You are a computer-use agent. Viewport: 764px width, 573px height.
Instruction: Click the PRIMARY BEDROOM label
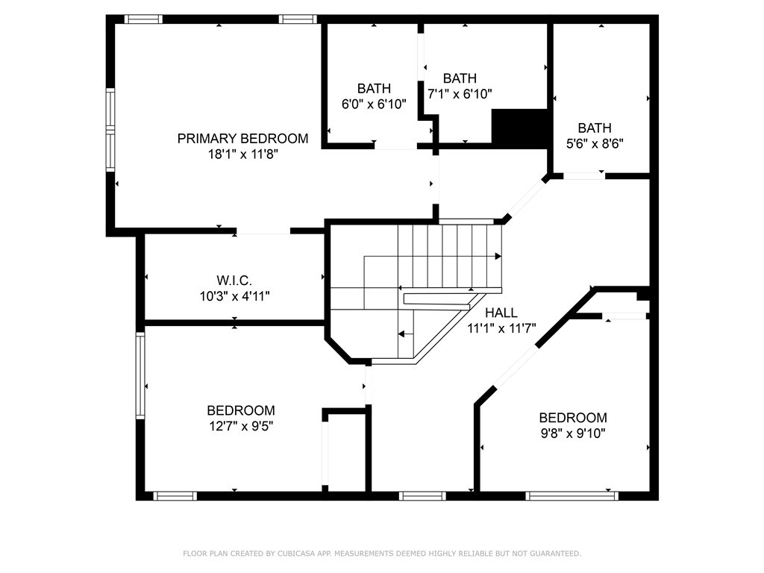[242, 139]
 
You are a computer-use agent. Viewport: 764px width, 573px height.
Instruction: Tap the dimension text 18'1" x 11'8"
[243, 154]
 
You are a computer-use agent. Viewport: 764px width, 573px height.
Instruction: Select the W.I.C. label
[234, 281]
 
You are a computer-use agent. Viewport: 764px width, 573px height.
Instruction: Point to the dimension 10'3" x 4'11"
[234, 295]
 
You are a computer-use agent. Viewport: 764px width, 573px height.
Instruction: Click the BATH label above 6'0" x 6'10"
[374, 89]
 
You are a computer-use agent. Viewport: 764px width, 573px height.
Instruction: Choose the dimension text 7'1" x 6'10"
[460, 94]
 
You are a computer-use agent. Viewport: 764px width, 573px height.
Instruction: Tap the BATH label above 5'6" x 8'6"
[595, 128]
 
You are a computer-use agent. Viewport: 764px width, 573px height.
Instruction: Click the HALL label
[501, 313]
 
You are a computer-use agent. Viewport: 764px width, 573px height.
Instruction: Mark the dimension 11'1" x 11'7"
[501, 328]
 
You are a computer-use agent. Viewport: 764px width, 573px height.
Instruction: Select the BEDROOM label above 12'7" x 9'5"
[241, 410]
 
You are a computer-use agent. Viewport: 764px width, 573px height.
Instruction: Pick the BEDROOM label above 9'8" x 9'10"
[573, 418]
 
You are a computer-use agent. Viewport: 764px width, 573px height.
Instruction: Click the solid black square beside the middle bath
[519, 128]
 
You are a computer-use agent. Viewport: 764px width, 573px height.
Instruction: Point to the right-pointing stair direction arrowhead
[498, 257]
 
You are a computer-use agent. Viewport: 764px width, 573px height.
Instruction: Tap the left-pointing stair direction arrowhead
[401, 334]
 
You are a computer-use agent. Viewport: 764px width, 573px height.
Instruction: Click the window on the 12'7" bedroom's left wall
[140, 375]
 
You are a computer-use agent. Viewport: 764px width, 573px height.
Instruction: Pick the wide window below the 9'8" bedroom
[572, 496]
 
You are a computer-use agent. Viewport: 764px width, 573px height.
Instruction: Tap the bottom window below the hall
[422, 496]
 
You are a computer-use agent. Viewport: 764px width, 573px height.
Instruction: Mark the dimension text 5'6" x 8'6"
[595, 144]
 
